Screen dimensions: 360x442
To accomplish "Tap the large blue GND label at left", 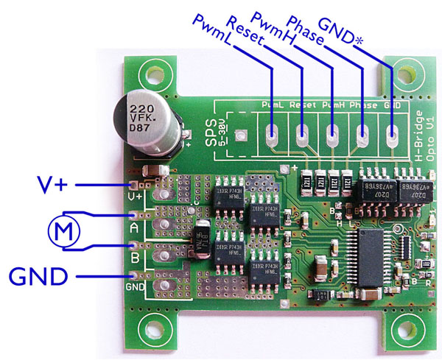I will tap(40, 277).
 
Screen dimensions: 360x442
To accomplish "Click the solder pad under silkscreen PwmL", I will tap(271, 135).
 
